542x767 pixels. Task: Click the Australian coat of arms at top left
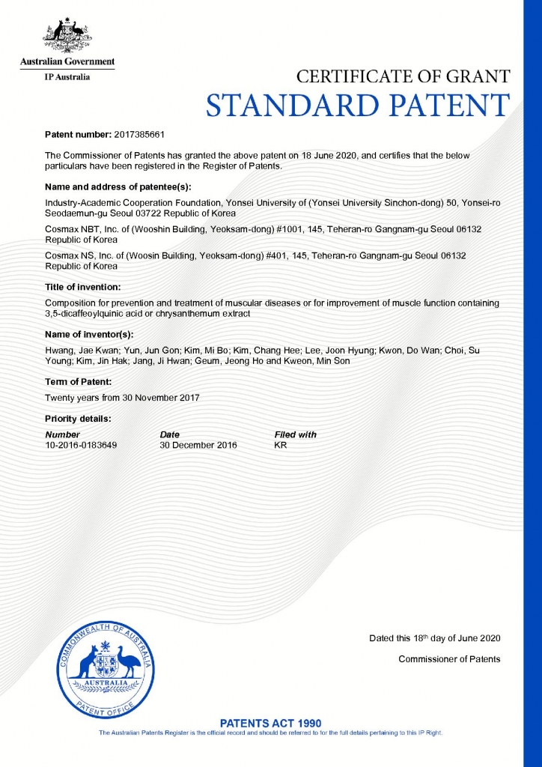pos(67,34)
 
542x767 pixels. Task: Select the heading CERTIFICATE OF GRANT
pos(404,76)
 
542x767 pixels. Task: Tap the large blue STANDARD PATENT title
pos(358,106)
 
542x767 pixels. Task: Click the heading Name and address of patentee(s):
pos(118,186)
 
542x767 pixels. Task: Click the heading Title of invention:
pos(82,287)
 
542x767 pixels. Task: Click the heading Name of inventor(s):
pos(89,334)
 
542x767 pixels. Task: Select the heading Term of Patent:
pos(79,382)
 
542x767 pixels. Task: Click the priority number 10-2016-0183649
pos(81,445)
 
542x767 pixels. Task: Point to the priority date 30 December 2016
pos(198,445)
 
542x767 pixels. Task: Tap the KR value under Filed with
pos(281,445)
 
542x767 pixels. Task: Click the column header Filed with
pos(296,434)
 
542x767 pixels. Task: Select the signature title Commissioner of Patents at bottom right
pos(449,659)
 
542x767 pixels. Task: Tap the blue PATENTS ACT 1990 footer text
pos(271,723)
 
